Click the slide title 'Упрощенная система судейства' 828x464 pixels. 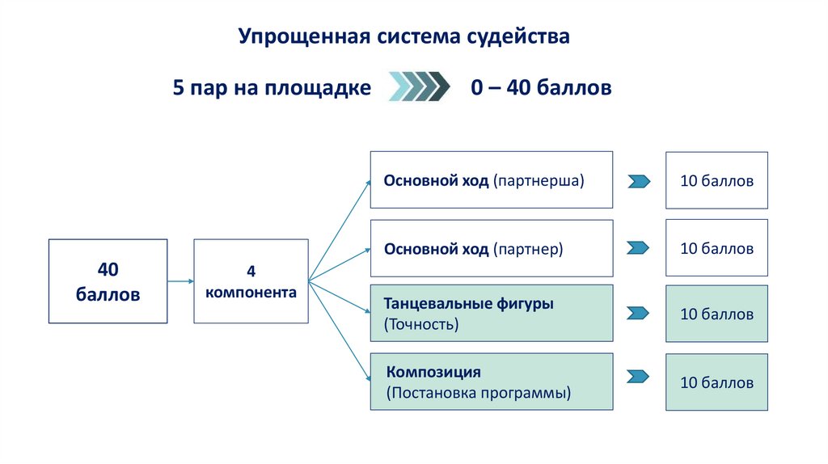click(403, 36)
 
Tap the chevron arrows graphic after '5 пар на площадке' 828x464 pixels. click(419, 87)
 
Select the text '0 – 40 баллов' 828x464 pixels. click(541, 87)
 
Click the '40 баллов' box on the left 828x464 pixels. click(108, 281)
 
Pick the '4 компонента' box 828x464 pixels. click(251, 281)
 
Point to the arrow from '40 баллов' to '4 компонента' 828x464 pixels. click(180, 281)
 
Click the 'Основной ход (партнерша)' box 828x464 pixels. click(492, 180)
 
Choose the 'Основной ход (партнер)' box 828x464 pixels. click(492, 248)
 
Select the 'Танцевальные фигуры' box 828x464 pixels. click(492, 314)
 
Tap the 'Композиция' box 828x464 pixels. click(492, 382)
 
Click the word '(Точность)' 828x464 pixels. click(422, 325)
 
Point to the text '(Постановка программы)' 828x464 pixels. click(479, 394)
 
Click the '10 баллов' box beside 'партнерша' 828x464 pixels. click(716, 180)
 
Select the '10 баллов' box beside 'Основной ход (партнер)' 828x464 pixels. click(716, 248)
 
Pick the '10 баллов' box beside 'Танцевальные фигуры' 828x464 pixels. click(716, 314)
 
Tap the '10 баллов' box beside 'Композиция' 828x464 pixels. click(716, 382)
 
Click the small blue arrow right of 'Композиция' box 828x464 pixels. click(639, 377)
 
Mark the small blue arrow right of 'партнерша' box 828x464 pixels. click(639, 181)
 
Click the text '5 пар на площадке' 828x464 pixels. click(272, 87)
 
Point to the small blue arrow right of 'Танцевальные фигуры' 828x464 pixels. click(639, 313)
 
